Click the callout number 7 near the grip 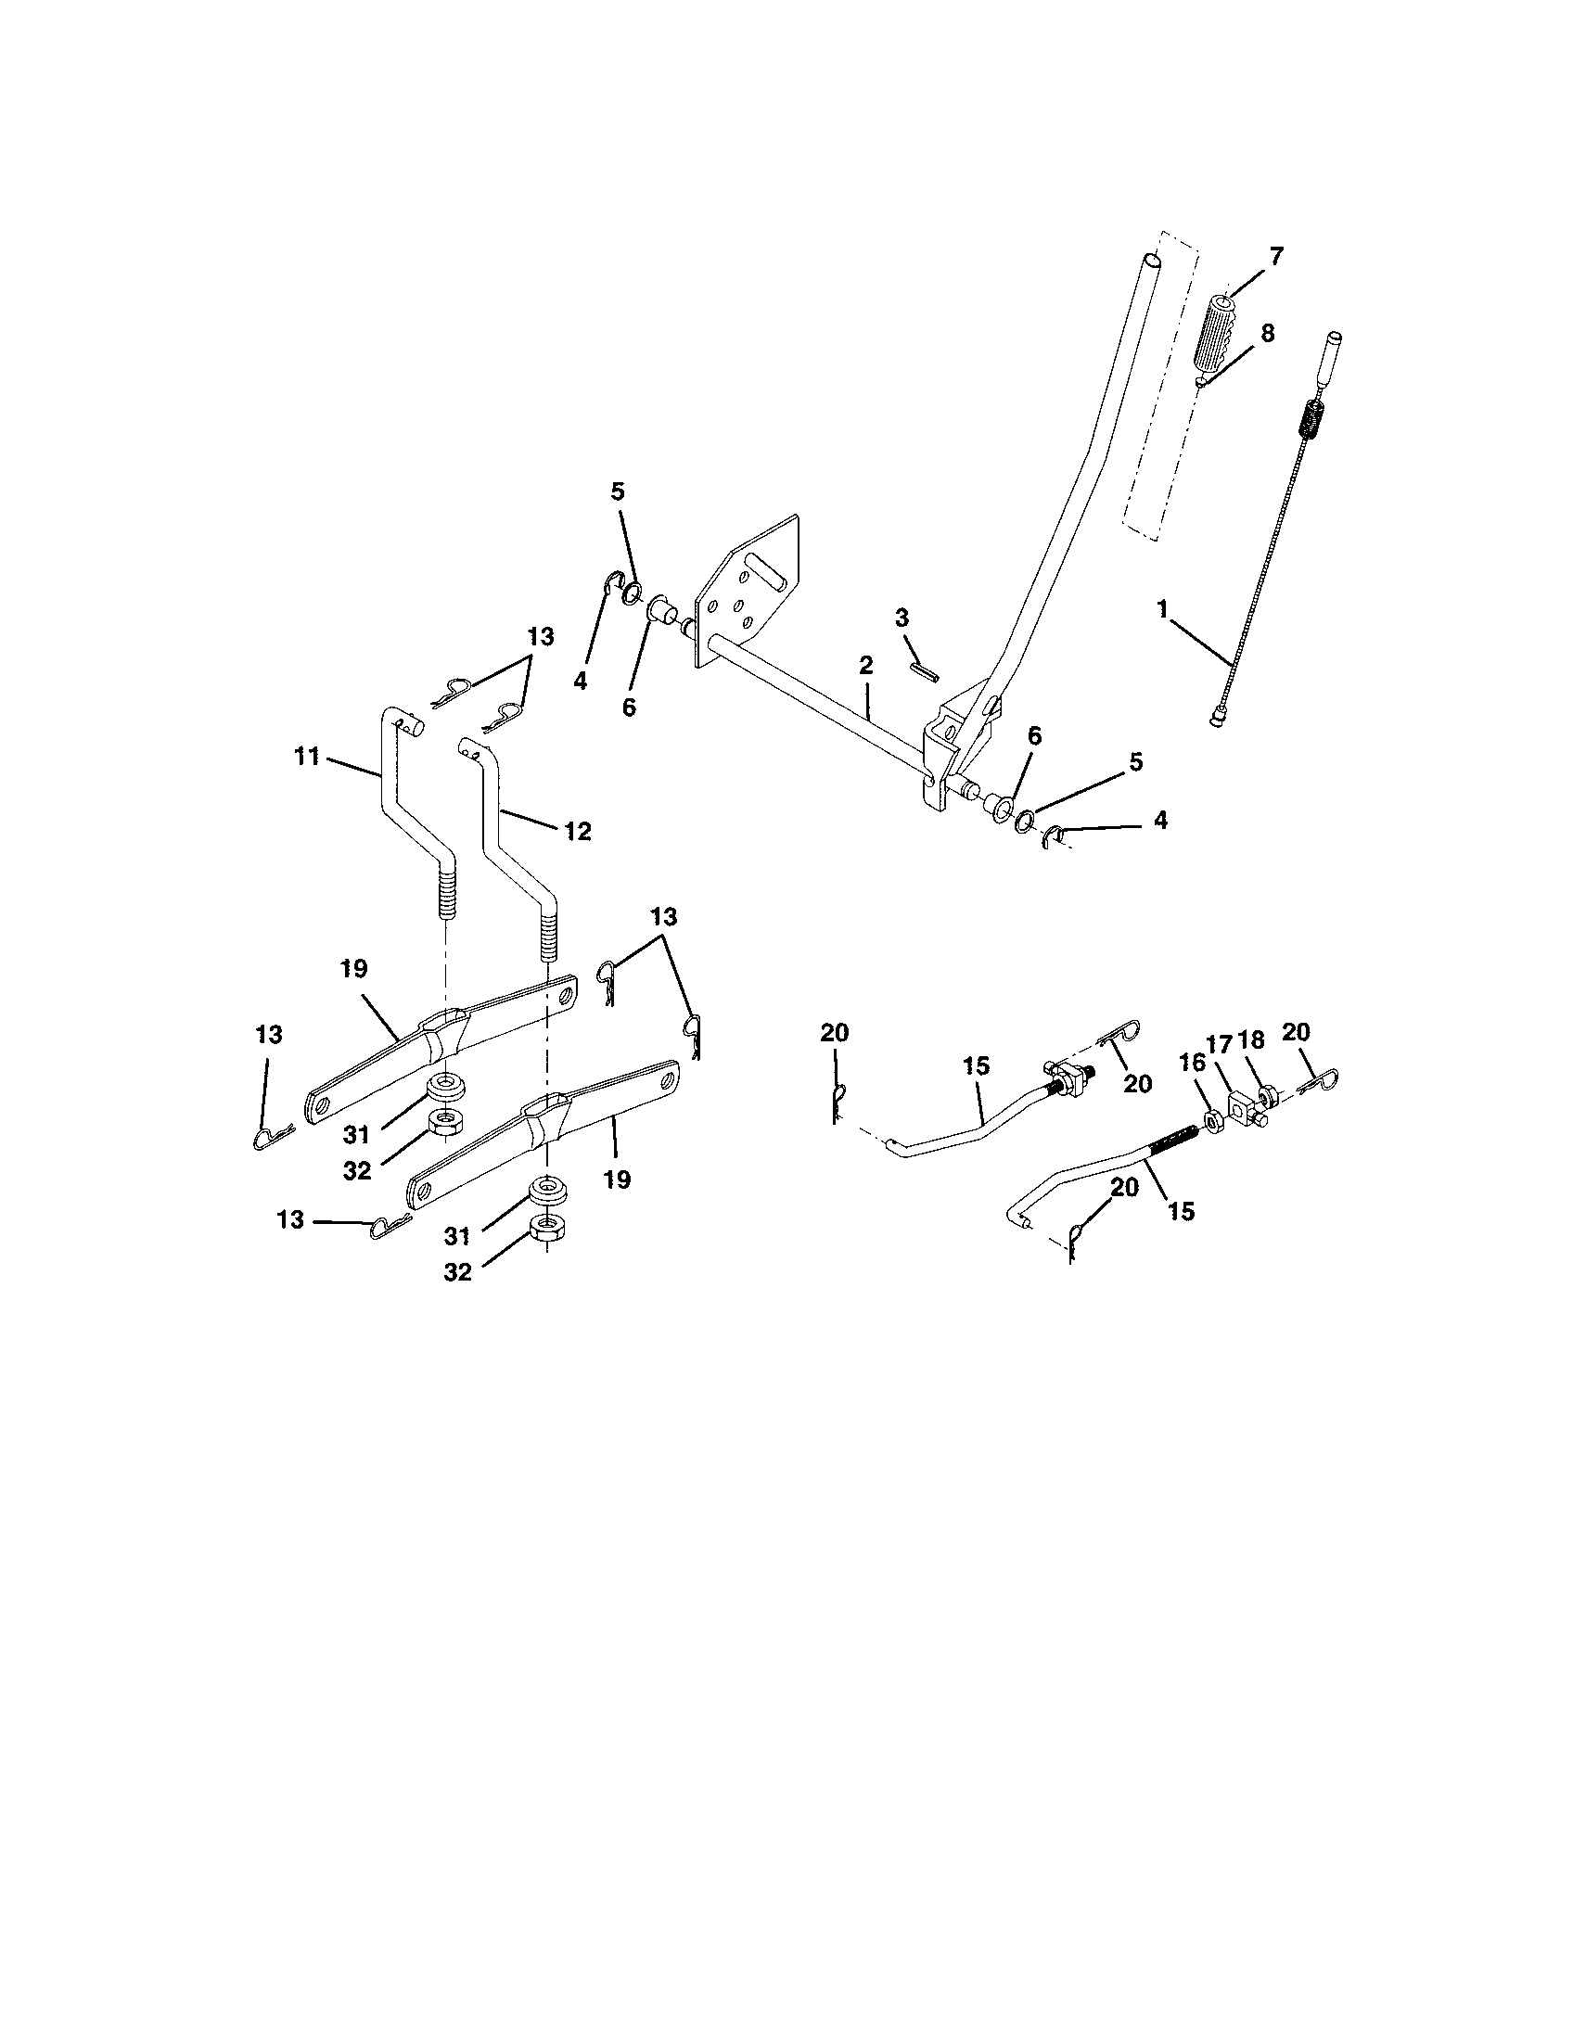(1276, 255)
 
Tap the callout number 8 (1268, 334)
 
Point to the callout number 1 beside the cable (1163, 609)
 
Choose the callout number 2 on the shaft (866, 666)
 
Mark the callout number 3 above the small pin (902, 618)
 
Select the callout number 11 (307, 756)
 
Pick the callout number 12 (578, 831)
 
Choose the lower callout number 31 (455, 1236)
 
